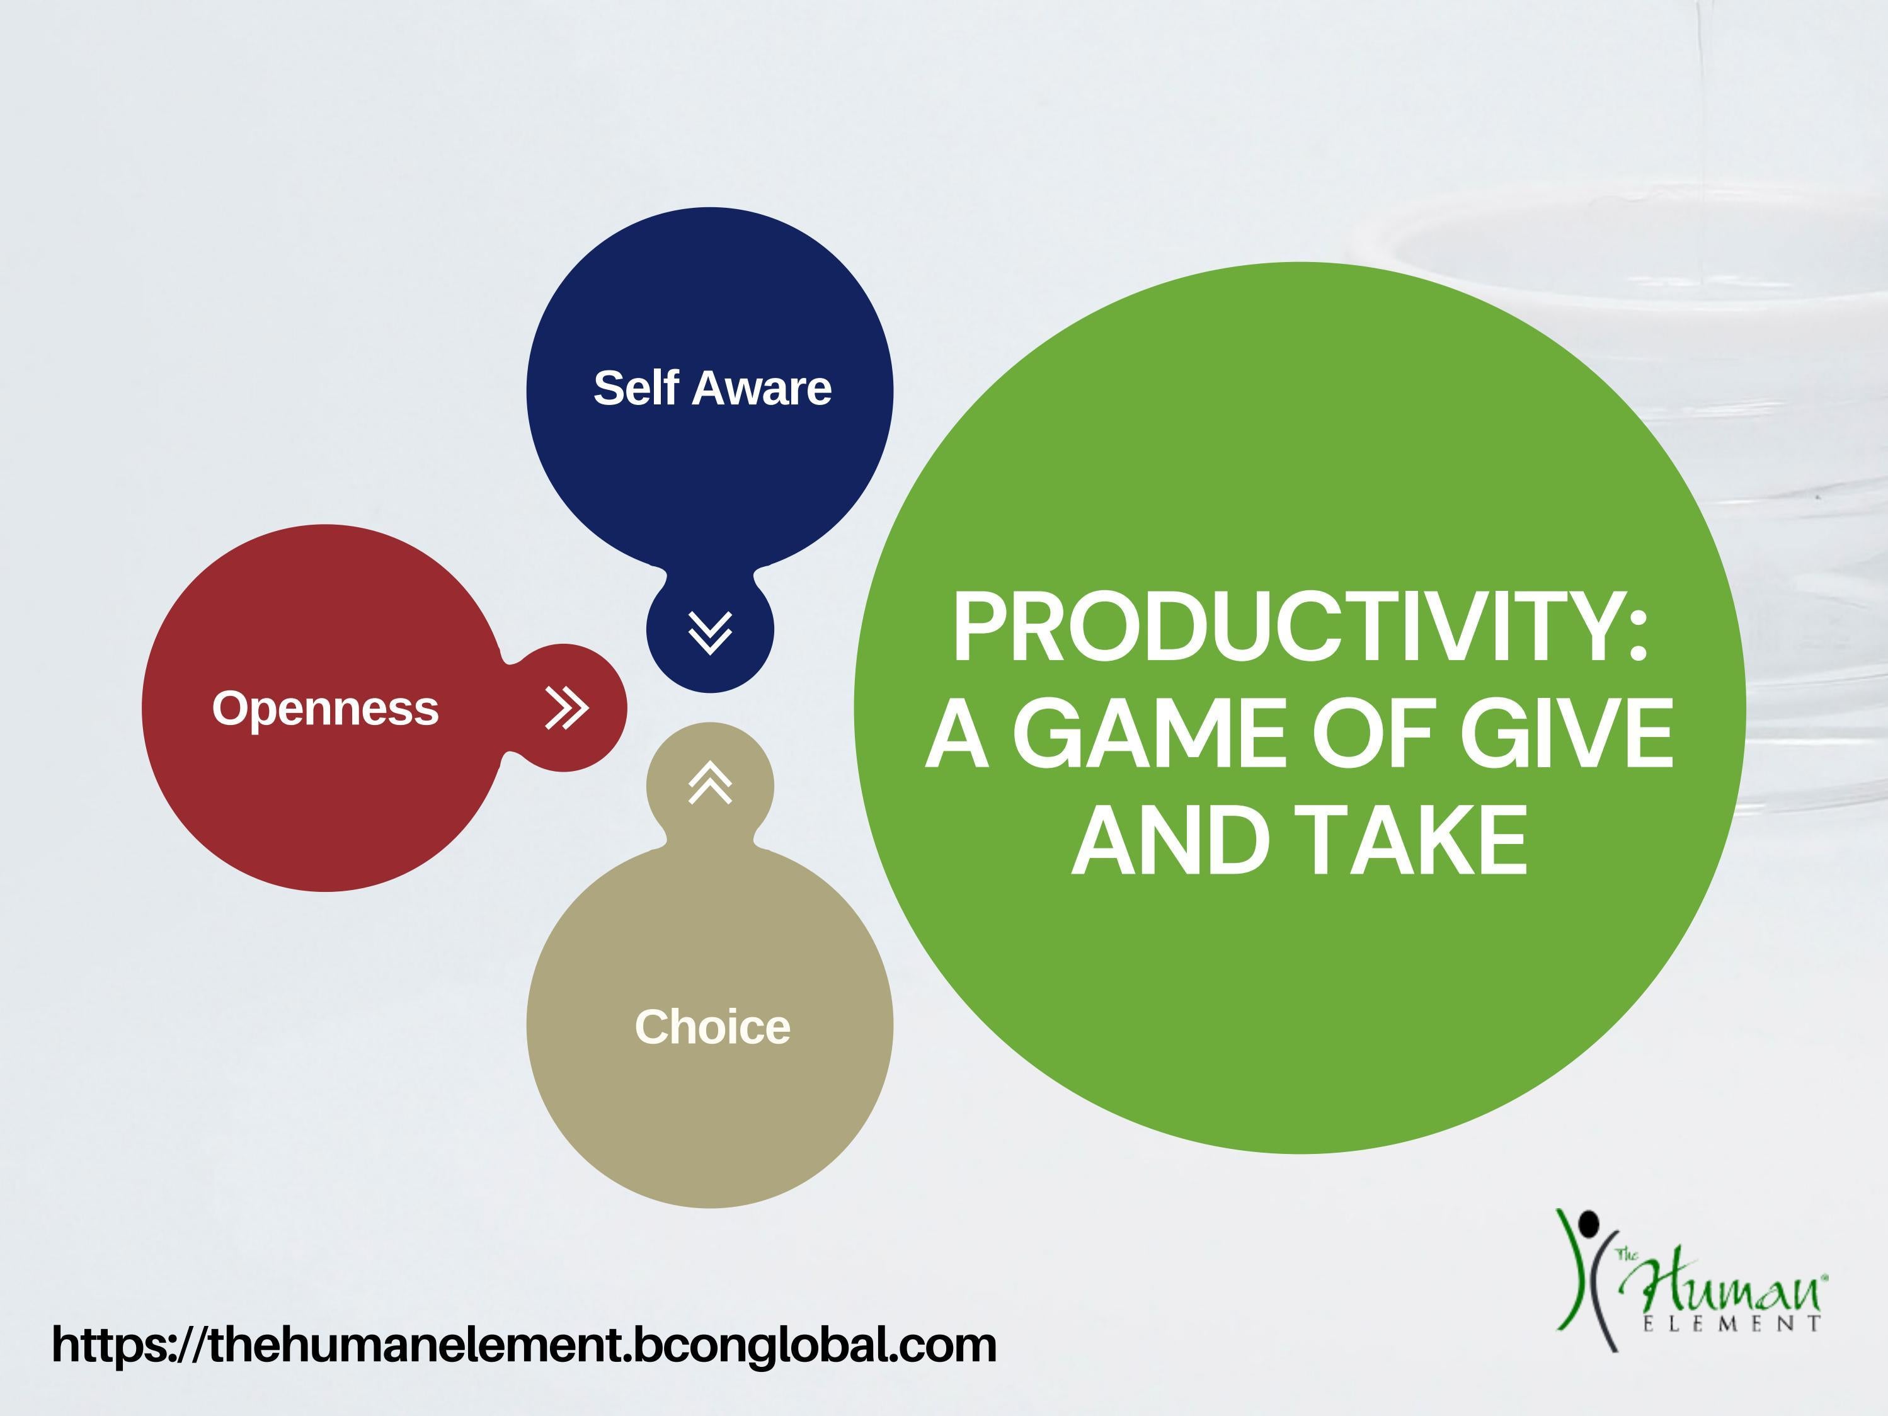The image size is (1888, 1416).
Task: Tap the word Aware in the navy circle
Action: point(762,389)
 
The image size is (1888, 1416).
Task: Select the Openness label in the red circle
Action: point(325,709)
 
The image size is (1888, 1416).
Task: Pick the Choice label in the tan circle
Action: point(712,1026)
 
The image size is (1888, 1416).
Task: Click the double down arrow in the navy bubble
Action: point(710,632)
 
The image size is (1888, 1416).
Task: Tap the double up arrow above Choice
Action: point(710,784)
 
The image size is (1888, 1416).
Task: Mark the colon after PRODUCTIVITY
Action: point(1636,636)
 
